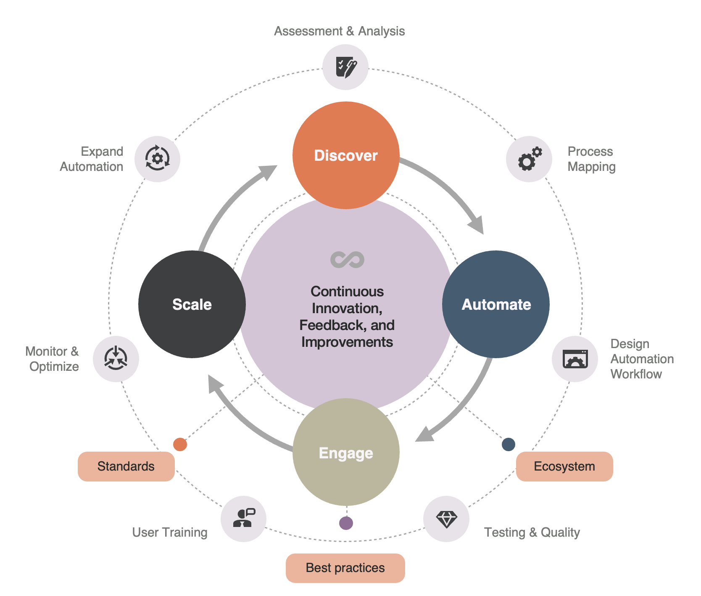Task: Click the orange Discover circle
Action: pos(346,155)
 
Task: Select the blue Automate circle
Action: pos(496,304)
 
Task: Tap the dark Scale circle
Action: pos(192,304)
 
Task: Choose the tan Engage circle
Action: pos(346,452)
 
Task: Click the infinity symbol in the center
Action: pos(347,260)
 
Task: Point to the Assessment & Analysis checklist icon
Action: pos(345,67)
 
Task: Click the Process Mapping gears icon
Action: pos(529,159)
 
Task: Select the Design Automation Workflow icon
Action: pos(575,359)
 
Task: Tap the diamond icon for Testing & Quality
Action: pos(446,519)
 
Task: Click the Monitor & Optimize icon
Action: pos(116,359)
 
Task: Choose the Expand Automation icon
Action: pos(157,159)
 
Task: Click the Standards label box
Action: pos(126,466)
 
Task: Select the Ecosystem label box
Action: pos(564,466)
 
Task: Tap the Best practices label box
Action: pos(345,568)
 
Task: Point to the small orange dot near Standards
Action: pos(180,444)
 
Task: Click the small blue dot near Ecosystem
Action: pos(509,444)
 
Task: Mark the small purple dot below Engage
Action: pos(346,523)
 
